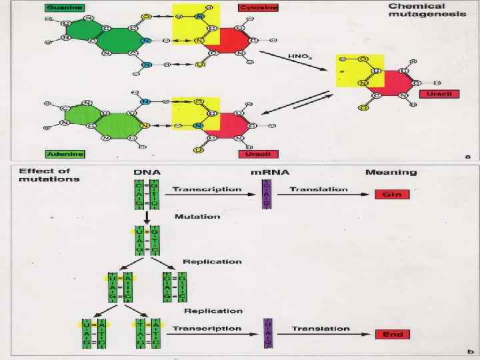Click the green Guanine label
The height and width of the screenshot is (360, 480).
pos(63,7)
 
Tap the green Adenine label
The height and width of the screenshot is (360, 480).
pos(64,154)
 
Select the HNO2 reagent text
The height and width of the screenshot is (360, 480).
pos(296,57)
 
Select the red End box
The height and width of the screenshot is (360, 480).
pos(391,334)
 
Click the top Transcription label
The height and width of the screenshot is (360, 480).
pos(207,189)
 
